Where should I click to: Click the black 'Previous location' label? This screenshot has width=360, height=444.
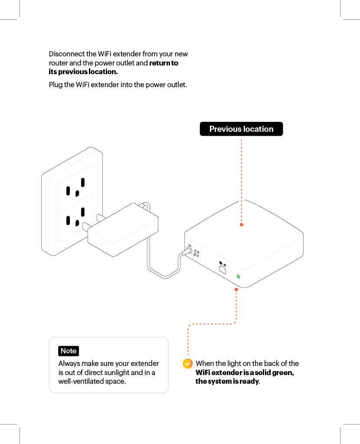point(241,129)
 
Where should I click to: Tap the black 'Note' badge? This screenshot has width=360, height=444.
point(69,351)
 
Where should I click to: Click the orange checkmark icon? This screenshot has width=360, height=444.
point(187,363)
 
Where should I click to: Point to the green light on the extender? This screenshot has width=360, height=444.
point(238,277)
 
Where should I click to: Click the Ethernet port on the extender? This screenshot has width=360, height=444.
point(223,269)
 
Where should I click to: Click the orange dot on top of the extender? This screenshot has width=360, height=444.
point(242,225)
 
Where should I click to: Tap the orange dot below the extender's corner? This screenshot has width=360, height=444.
point(236,289)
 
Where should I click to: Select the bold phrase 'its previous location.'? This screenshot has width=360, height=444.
point(83,72)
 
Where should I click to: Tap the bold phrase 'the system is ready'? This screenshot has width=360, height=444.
point(227,382)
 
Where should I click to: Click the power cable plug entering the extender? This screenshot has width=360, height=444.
point(189,251)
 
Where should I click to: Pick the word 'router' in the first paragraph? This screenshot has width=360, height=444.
point(58,63)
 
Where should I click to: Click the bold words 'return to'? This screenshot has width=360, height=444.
point(164,63)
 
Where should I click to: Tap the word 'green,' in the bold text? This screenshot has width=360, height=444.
point(281,372)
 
